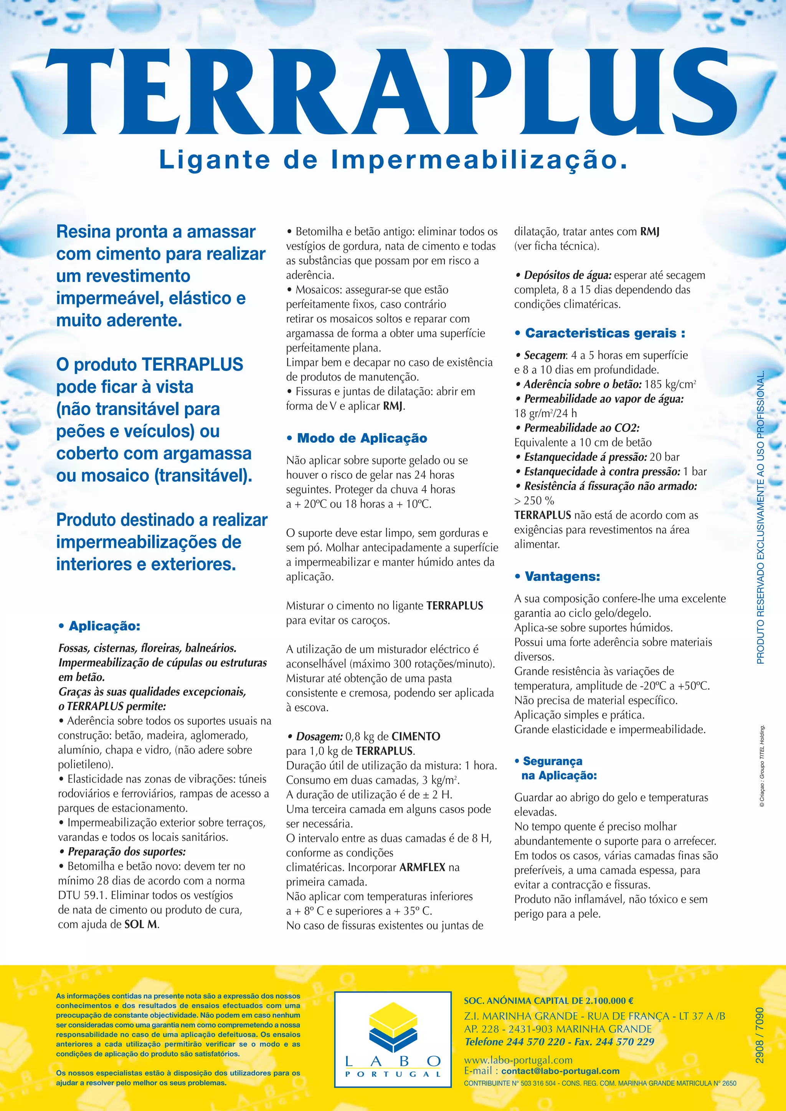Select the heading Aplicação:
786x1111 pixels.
(x=104, y=626)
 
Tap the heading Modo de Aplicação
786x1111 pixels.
(x=362, y=438)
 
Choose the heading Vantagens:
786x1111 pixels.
(x=562, y=577)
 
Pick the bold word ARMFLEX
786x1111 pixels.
(x=422, y=867)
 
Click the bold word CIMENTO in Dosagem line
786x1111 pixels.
(x=416, y=737)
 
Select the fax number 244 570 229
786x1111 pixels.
(x=627, y=1042)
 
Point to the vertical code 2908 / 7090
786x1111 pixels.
(x=760, y=1035)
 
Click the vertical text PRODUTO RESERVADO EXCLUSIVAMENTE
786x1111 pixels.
(x=760, y=518)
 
